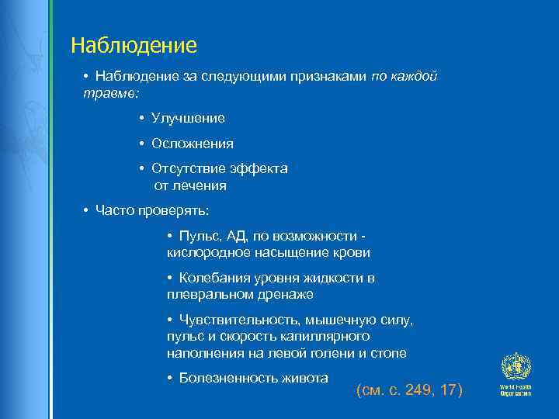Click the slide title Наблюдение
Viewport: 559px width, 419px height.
pos(134,46)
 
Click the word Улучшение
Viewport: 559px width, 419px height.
pos(188,118)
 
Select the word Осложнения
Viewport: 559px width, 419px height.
pos(193,144)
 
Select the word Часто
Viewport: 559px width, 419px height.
pos(114,209)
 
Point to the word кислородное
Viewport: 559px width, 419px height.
pos(201,252)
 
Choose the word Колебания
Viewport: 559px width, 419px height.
pos(214,278)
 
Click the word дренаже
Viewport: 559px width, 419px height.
pos(289,295)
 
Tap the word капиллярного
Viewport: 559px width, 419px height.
pos(328,336)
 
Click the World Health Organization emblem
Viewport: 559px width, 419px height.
pos(514,367)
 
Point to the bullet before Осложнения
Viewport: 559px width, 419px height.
pos(142,144)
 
